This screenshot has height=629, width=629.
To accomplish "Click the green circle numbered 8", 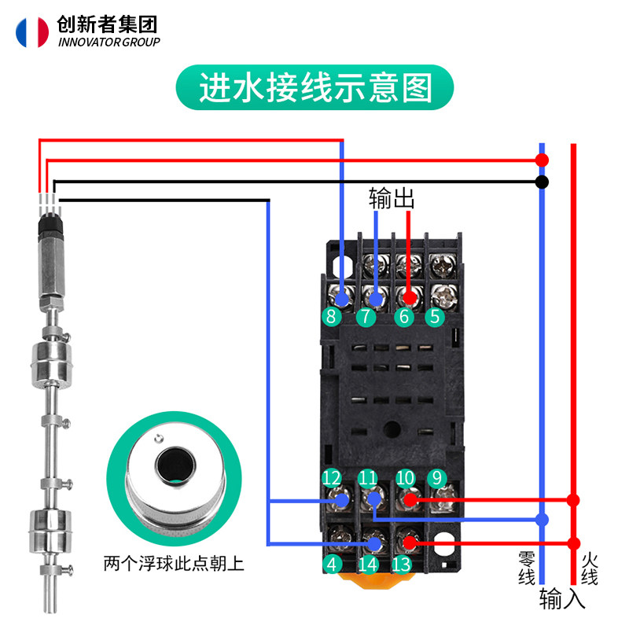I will point(331,318).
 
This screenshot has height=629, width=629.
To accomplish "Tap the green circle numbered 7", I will point(366,318).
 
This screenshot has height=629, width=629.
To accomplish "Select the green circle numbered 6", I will point(403,318).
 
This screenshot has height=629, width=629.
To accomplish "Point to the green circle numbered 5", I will point(435,318).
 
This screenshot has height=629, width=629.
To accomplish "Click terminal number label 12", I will point(332,477).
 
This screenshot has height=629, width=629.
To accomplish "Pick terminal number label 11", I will point(367,477).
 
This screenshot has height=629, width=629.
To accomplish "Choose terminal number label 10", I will point(405,477).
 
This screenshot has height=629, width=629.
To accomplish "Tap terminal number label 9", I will point(436,477).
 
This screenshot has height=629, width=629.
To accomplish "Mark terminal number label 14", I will point(367,563).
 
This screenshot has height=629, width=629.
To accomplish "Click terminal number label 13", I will point(401,563).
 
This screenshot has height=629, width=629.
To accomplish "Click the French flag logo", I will point(31,31).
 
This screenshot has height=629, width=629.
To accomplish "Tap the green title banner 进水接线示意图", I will point(314,88).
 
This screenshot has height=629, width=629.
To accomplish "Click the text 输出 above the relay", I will point(392,199).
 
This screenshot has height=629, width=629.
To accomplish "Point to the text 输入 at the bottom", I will point(562,601).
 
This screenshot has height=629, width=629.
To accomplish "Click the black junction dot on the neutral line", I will point(542,182).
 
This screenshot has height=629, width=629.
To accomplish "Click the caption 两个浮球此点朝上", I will point(174,564).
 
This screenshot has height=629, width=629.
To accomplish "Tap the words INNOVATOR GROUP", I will point(109,42).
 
